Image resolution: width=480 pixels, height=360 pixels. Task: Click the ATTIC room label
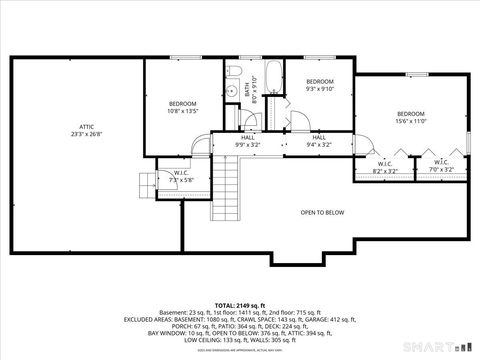[87, 127]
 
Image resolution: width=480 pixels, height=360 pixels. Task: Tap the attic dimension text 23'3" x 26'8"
[87, 134]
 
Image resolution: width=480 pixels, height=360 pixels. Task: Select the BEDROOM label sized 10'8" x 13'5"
[182, 104]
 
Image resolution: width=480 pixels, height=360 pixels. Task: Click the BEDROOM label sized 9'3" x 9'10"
[319, 81]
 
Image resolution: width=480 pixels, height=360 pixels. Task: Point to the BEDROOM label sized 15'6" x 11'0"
[411, 114]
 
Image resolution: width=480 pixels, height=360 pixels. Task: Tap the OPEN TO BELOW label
[322, 212]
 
